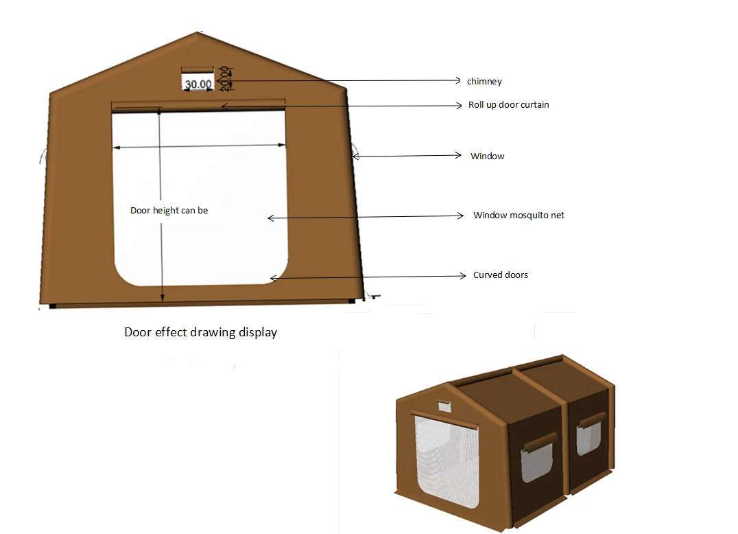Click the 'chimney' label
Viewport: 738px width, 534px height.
(x=484, y=82)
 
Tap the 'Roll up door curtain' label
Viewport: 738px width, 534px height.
(x=508, y=105)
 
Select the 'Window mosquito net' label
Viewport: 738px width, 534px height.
(x=519, y=216)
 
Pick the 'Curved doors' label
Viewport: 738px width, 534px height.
(x=501, y=275)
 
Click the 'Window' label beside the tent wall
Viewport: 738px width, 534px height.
(x=487, y=156)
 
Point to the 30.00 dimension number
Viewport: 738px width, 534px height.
(x=197, y=84)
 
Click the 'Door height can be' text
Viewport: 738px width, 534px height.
(x=169, y=211)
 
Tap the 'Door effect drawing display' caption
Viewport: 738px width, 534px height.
(x=200, y=332)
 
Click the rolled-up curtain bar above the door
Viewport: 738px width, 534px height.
(x=198, y=104)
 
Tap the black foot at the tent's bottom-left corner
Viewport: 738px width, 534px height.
(x=52, y=305)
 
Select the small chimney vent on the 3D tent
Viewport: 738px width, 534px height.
(x=444, y=405)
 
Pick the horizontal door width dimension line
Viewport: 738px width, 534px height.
(x=199, y=146)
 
